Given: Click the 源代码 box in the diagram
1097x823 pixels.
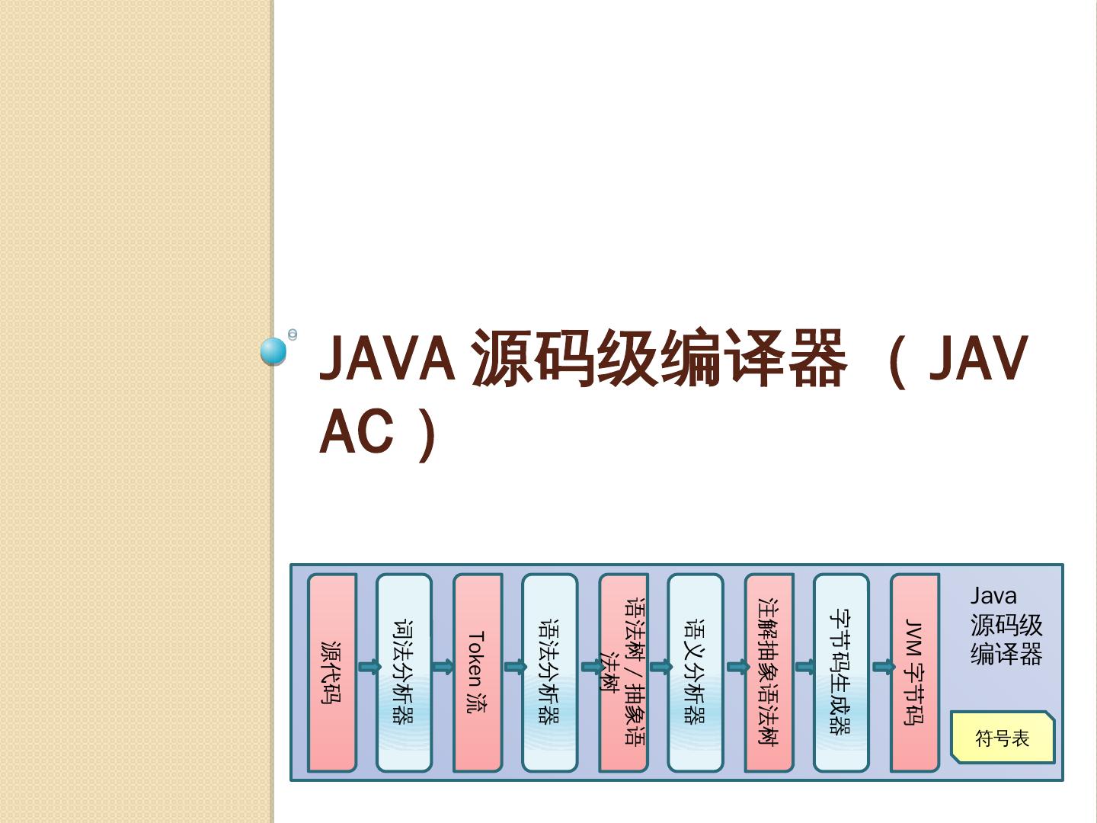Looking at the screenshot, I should tap(331, 673).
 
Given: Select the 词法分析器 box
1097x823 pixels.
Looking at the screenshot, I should tap(404, 673).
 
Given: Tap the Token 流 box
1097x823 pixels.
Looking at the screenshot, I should tap(477, 673).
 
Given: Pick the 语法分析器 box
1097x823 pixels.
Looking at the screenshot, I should tap(549, 673).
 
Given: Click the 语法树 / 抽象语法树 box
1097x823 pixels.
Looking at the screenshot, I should tap(622, 673).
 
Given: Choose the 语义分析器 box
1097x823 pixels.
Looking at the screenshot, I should tap(695, 673).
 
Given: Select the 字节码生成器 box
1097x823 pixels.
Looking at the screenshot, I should tap(841, 673).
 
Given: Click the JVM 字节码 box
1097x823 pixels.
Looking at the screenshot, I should tap(914, 673).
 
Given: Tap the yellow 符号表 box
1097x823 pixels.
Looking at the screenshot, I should tap(1003, 738).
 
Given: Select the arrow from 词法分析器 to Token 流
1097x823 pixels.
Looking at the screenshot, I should tap(443, 668).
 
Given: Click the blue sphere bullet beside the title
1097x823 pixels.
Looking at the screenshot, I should tap(273, 351).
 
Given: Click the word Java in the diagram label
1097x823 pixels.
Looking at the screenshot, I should tap(993, 596).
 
